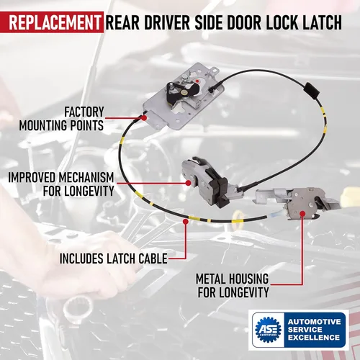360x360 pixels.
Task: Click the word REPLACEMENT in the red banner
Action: click(55, 22)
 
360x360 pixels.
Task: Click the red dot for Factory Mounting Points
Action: click(144, 118)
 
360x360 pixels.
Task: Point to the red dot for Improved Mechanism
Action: click(189, 183)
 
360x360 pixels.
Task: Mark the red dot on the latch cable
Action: click(185, 221)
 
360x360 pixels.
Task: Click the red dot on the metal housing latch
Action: click(302, 213)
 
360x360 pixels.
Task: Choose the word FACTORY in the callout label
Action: click(84, 112)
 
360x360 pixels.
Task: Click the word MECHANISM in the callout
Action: click(86, 178)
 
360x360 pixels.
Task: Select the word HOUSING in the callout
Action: click(248, 279)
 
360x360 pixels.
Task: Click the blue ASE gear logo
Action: click(268, 330)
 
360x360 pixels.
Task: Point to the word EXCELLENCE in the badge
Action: click(314, 338)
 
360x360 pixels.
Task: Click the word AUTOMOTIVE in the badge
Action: click(315, 322)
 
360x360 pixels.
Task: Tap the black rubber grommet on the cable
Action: click(312, 90)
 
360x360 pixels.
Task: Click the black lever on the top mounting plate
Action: click(181, 91)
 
